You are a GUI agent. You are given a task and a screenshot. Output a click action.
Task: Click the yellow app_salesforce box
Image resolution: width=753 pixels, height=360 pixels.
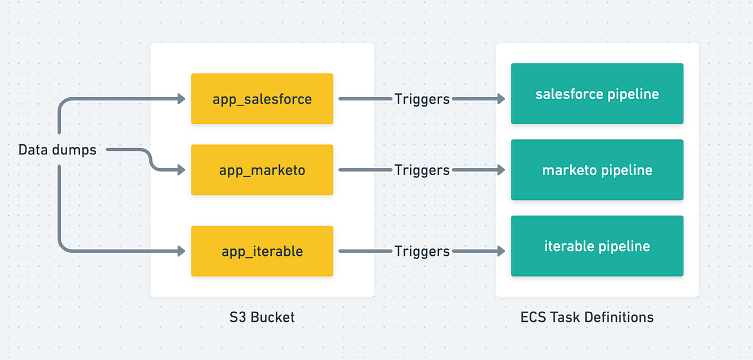(262, 98)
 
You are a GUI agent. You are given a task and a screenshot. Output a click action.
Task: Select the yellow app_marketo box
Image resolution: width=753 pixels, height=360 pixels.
(262, 170)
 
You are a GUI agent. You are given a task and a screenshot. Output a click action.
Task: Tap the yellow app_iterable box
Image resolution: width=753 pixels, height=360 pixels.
(262, 251)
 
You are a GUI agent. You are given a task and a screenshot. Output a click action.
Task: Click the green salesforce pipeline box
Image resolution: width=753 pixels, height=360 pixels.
(597, 93)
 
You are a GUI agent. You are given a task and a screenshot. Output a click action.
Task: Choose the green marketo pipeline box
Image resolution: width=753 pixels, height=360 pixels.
(597, 170)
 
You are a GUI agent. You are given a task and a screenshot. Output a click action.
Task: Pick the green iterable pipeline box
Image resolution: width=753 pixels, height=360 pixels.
(597, 246)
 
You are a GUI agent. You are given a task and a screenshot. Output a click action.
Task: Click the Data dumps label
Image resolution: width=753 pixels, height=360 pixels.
(57, 150)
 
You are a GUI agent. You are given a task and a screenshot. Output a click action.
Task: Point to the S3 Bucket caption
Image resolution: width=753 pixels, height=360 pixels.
(262, 317)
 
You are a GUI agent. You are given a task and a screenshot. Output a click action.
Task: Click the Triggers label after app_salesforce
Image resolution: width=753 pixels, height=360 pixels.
(422, 99)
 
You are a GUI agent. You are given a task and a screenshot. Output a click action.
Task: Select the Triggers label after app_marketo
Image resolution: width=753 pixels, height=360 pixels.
(422, 170)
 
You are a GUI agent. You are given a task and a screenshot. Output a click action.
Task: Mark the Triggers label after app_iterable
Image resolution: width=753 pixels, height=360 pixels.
(422, 251)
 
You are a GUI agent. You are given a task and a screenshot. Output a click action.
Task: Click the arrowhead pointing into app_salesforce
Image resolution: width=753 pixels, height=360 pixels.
(181, 98)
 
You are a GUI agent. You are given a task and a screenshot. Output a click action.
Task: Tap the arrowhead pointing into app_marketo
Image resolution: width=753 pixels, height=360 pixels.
(181, 170)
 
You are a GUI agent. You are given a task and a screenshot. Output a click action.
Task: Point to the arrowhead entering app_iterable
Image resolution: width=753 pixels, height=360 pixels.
(181, 251)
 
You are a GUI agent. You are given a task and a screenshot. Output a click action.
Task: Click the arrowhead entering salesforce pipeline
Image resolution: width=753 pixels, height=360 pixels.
(501, 98)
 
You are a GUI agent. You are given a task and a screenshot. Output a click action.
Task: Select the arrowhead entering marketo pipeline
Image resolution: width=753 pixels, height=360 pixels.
(501, 170)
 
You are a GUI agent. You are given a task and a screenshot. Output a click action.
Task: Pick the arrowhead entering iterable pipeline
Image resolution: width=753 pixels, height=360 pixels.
(501, 251)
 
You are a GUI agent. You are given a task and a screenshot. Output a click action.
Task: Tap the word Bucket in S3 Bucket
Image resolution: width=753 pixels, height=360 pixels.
(272, 317)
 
